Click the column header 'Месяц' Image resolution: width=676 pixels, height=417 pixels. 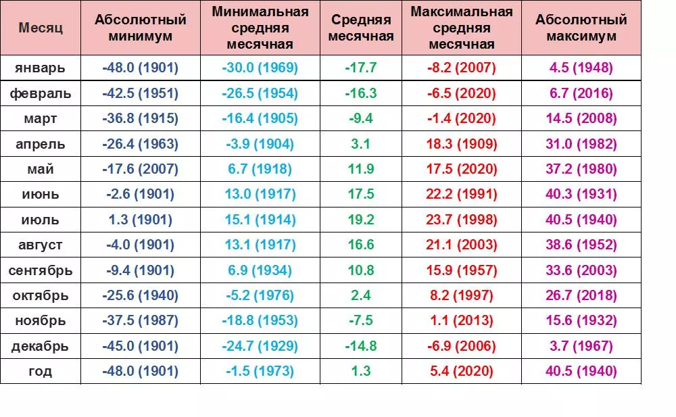41,28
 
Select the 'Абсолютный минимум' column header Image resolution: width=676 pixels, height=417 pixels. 141,28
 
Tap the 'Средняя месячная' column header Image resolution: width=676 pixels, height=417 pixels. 361,28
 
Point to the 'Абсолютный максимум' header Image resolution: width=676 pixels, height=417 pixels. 581,28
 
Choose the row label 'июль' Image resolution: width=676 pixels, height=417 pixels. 41,220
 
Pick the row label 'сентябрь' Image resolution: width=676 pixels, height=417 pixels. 41,270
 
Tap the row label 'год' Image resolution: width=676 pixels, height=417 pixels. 41,371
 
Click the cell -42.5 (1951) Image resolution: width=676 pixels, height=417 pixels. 141,93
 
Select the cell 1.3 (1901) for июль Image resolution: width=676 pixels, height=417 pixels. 141,220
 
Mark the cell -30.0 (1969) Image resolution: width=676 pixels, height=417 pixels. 260,68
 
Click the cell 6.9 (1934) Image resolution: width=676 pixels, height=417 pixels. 260,270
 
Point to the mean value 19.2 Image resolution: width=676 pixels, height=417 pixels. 361,220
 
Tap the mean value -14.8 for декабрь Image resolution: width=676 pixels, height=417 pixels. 361,346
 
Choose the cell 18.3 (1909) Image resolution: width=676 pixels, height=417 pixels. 462,144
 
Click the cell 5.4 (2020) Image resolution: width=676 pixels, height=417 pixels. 462,371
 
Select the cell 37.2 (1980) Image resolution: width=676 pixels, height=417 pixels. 581,169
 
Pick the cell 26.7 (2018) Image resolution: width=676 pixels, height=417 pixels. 581,295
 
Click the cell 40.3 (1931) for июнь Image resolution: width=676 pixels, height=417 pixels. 581,195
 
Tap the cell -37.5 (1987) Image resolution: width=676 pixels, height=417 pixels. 141,321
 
